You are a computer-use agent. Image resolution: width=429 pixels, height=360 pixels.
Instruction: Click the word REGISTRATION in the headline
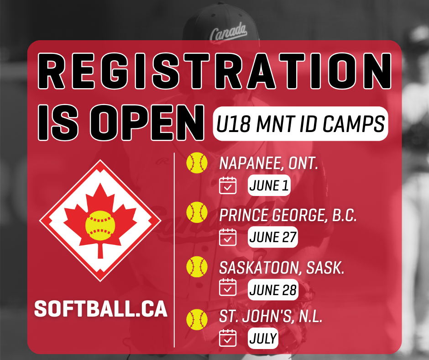[214, 71]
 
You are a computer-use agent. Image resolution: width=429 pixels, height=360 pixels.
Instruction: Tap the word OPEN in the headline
[147, 122]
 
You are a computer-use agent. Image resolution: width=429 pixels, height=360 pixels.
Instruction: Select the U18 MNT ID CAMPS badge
[300, 123]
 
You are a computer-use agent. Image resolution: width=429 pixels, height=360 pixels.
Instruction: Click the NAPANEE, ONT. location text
[268, 164]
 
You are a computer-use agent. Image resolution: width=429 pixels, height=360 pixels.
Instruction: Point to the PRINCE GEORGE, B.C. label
[288, 215]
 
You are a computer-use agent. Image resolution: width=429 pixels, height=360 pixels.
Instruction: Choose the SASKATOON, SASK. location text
[282, 267]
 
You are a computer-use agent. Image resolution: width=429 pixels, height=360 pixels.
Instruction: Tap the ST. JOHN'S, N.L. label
[271, 317]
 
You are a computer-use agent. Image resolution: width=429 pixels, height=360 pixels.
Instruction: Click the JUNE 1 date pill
[269, 185]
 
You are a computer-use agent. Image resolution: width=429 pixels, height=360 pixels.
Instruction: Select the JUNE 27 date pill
[272, 237]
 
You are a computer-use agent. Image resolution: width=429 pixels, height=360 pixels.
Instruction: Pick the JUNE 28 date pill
[273, 290]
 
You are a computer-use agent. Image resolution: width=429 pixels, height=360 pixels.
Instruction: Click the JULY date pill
[263, 338]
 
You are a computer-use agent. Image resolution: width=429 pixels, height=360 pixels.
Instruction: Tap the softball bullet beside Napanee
[197, 163]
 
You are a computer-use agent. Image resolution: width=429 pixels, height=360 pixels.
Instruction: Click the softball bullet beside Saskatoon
[197, 267]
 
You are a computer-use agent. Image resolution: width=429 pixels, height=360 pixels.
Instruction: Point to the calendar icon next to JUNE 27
[228, 237]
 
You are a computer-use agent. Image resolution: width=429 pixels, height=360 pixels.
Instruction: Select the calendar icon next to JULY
[228, 338]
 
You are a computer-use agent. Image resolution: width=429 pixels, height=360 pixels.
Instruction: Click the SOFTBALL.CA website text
[101, 309]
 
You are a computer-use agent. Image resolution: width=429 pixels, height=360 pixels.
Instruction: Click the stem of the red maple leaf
[100, 250]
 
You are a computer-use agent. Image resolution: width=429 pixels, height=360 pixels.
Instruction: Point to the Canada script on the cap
[228, 32]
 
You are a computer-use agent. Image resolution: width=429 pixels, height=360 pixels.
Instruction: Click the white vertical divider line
[174, 250]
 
